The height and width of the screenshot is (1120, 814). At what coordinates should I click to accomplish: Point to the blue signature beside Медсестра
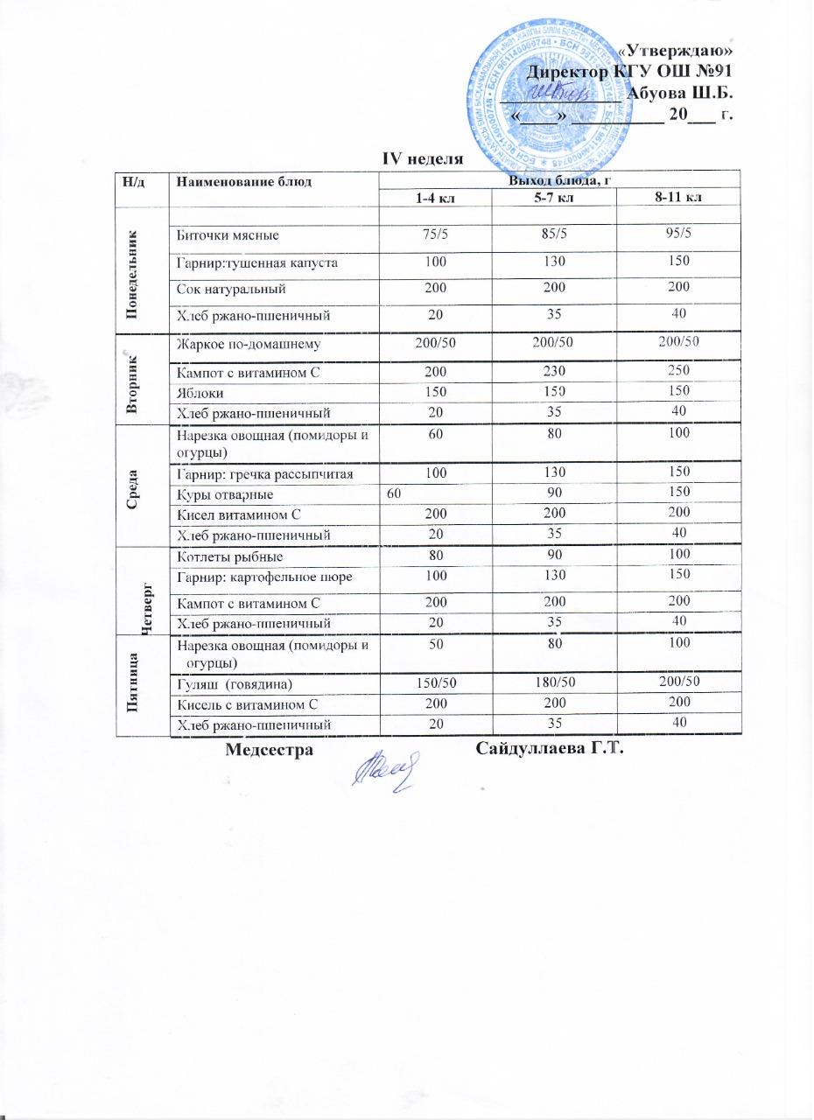(385, 772)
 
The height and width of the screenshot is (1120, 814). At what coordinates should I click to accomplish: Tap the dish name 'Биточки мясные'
(228, 234)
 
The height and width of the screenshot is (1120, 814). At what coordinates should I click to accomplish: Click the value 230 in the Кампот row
(553, 372)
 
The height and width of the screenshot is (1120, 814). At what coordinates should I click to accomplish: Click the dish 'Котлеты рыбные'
(230, 556)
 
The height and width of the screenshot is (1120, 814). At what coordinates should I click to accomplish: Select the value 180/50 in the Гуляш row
(553, 682)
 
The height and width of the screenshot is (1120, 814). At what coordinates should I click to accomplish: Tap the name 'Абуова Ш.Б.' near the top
(681, 93)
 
